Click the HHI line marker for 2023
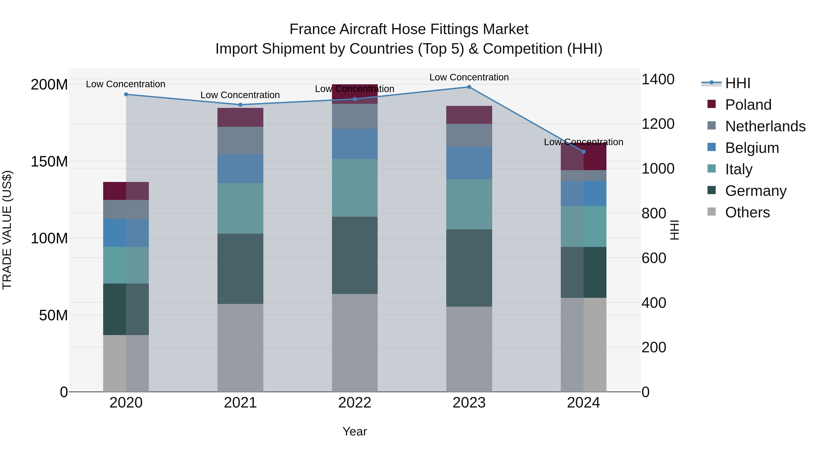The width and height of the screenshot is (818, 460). [x=469, y=87]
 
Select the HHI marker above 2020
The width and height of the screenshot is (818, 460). [x=126, y=94]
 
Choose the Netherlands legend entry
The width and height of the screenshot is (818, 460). [x=765, y=126]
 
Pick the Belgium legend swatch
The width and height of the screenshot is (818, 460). [x=712, y=147]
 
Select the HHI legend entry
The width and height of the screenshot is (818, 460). [x=737, y=83]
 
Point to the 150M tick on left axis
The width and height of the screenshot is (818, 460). [x=49, y=162]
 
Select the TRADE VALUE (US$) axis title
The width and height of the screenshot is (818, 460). [x=7, y=230]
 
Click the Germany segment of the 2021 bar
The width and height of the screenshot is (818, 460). [x=240, y=269]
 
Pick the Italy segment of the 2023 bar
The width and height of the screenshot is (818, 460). [x=469, y=204]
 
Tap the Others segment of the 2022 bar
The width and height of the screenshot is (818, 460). [x=355, y=343]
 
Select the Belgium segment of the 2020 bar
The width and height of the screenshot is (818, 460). [x=126, y=233]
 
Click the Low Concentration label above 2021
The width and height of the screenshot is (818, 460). [x=240, y=95]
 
